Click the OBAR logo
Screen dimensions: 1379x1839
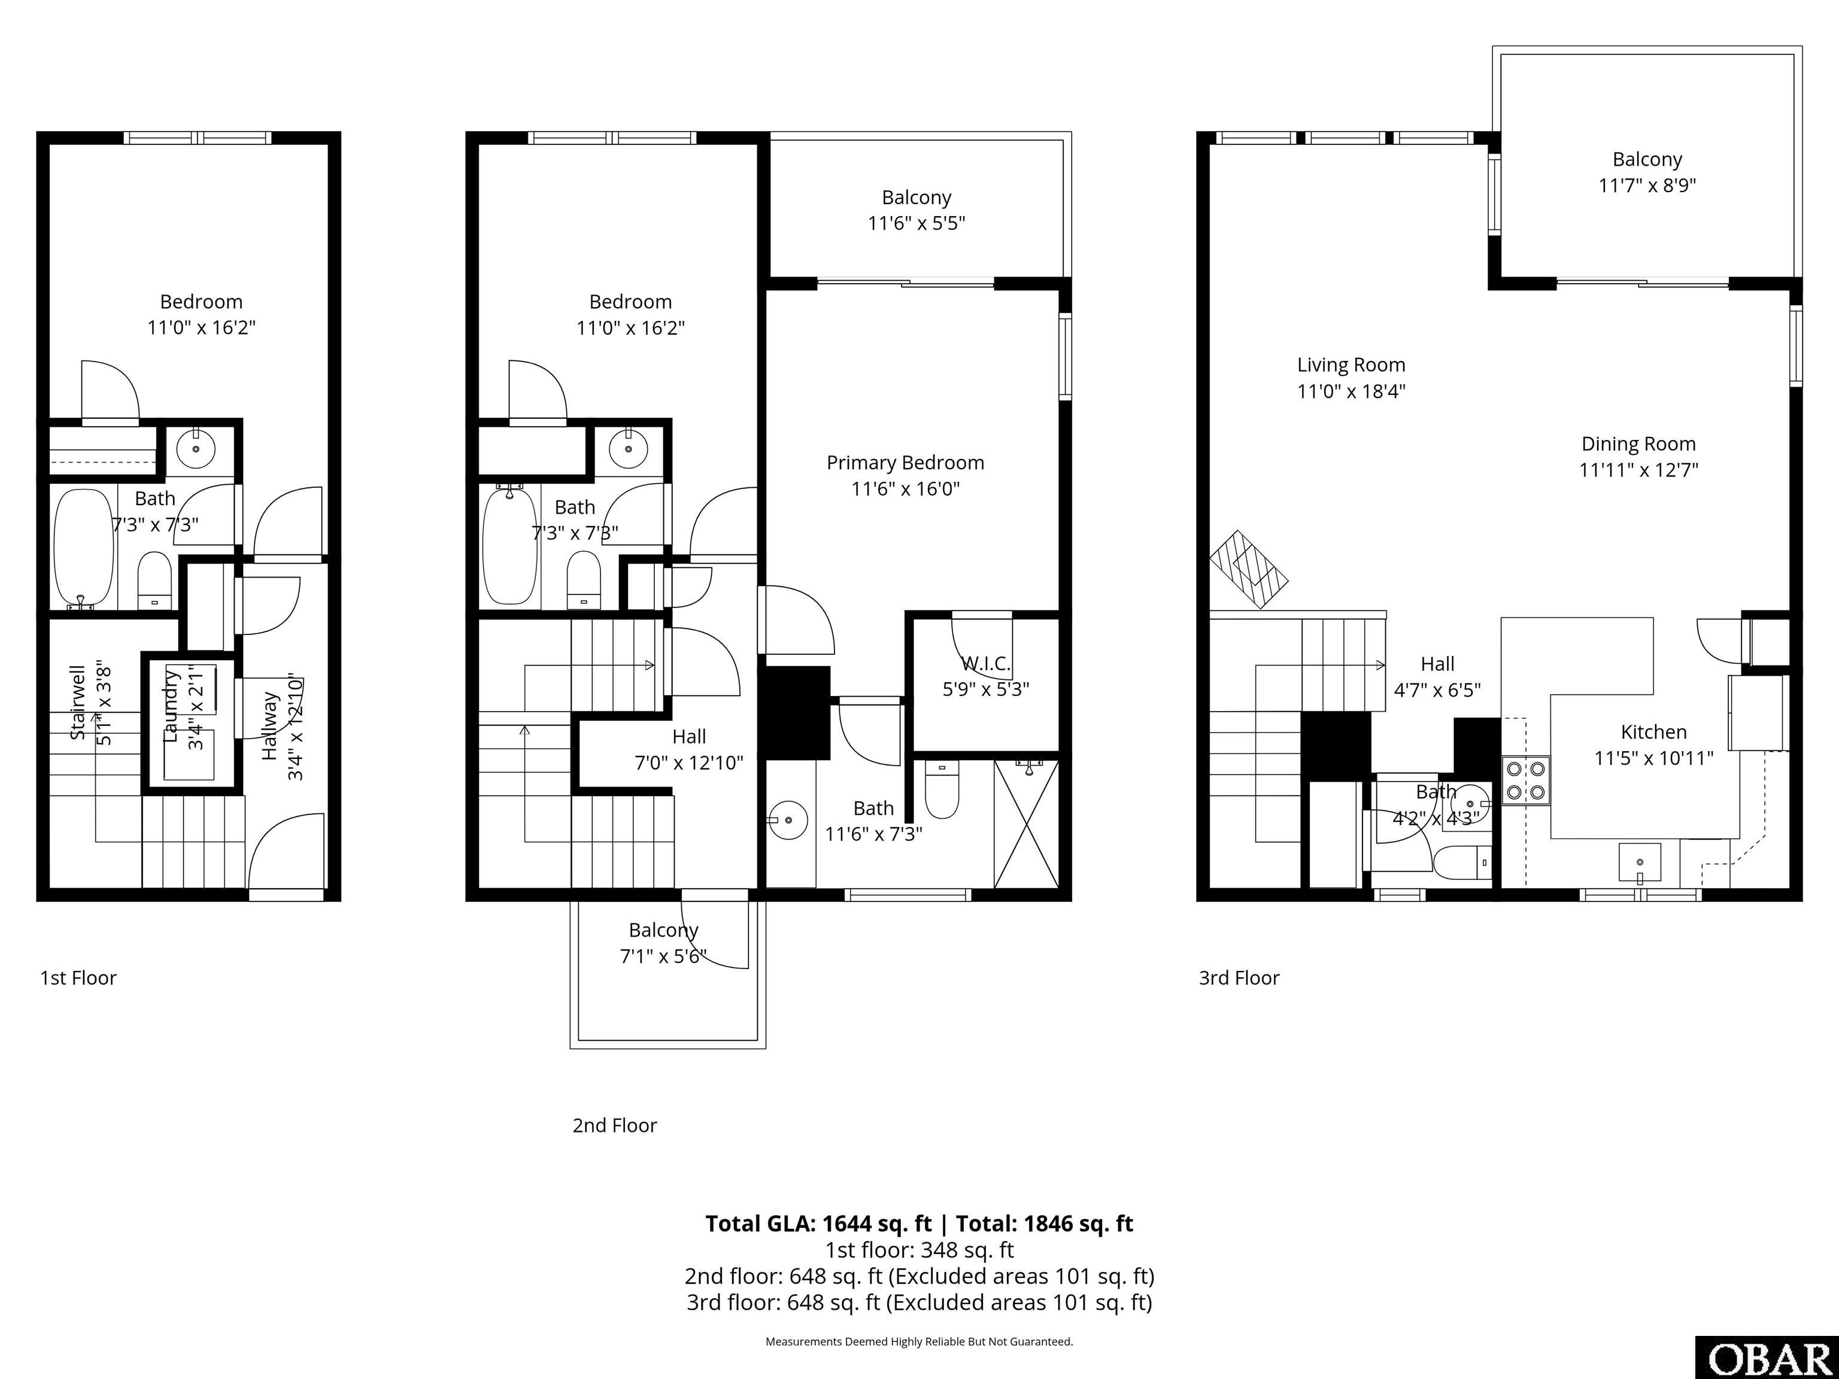point(1766,1358)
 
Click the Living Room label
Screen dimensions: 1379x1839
point(1351,365)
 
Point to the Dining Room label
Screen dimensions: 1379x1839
point(1638,444)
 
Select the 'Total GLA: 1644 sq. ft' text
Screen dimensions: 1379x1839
point(818,1223)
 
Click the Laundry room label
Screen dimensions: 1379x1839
point(171,706)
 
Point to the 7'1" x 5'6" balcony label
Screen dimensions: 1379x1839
point(663,956)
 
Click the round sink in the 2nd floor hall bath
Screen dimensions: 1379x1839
point(628,449)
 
